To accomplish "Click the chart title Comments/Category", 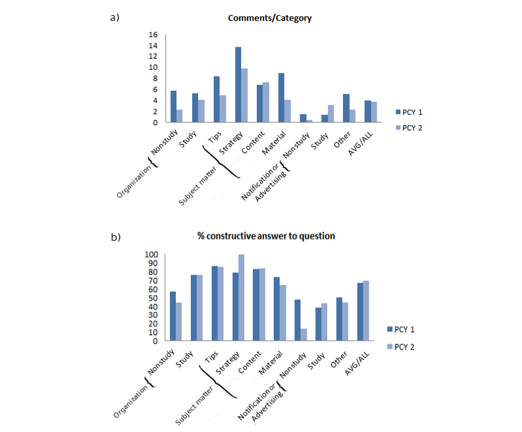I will coord(269,18).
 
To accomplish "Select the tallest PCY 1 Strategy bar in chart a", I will coord(238,84).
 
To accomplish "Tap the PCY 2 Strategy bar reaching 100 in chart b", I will coord(241,298).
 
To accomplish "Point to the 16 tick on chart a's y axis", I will coord(153,34).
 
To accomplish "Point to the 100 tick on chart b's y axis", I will coord(151,255).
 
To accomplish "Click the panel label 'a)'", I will coord(114,17).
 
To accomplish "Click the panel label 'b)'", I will coord(114,235).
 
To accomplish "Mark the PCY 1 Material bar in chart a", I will coord(281,97).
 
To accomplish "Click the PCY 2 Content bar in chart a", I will coord(266,102).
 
